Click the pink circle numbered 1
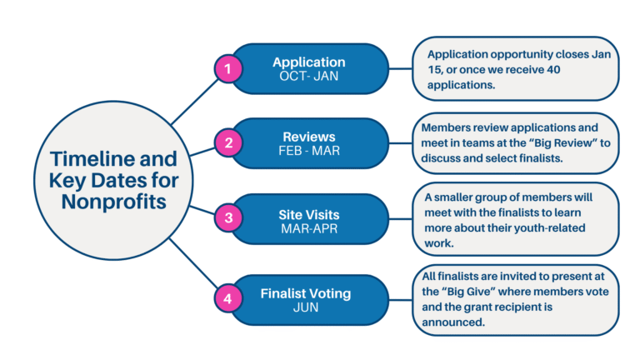[x=226, y=68]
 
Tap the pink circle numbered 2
[x=226, y=142]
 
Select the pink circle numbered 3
[x=226, y=219]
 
